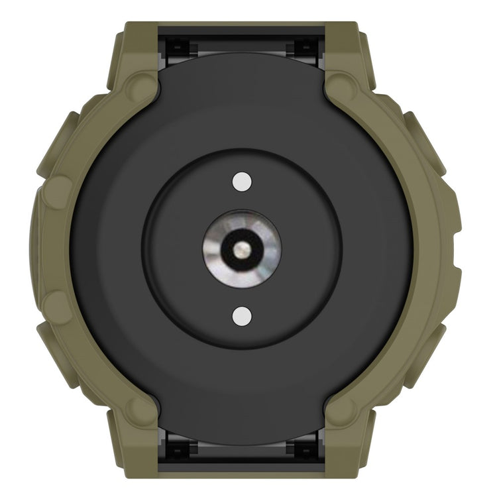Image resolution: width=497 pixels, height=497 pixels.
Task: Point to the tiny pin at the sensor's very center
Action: [243, 248]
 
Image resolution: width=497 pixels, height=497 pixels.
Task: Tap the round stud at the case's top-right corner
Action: [341, 84]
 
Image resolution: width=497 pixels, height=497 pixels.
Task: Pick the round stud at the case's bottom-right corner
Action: [341, 412]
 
